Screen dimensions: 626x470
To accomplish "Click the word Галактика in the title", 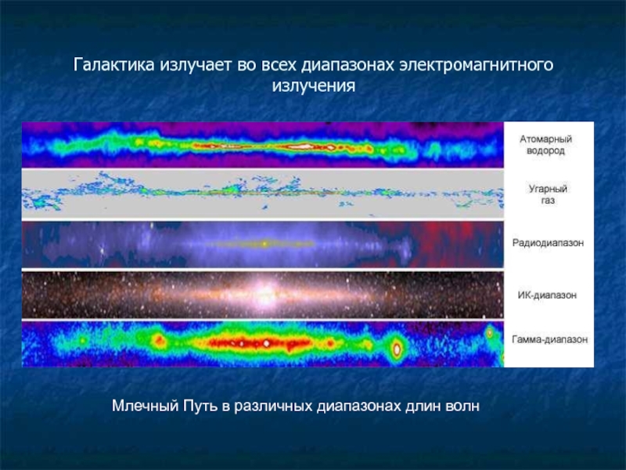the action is click(x=113, y=65).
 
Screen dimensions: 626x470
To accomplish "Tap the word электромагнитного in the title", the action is click(x=477, y=65).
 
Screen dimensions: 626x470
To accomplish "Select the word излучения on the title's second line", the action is click(x=314, y=86).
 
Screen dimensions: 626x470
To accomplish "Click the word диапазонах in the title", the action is click(x=347, y=65).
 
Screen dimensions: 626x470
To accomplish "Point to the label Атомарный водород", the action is click(x=545, y=145).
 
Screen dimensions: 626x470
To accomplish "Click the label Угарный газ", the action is click(x=548, y=194).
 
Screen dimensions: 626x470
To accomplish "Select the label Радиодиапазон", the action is click(x=548, y=243).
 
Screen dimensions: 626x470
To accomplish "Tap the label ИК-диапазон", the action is click(x=547, y=295).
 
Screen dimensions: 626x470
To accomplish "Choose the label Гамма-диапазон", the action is click(x=549, y=339).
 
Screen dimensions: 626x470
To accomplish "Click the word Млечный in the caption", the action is click(x=145, y=406).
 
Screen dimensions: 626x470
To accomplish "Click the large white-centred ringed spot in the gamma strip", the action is click(x=397, y=349).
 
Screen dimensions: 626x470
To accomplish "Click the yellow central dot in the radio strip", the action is click(x=264, y=243).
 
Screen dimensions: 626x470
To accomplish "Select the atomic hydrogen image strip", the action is click(x=263, y=145).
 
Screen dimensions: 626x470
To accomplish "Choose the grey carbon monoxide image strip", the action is click(x=263, y=194).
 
